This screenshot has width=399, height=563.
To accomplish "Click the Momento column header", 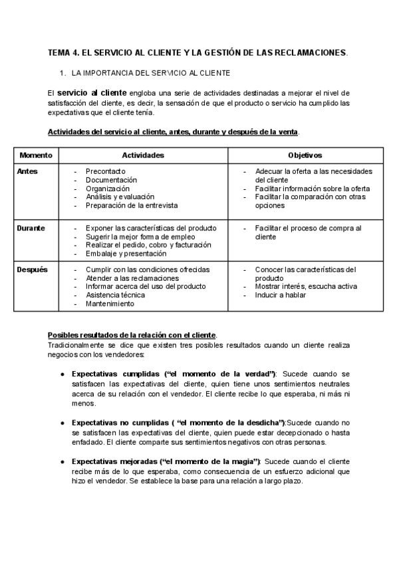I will [35, 155].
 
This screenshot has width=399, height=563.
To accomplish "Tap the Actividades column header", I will [143, 155].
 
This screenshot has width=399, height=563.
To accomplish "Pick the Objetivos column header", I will [305, 155].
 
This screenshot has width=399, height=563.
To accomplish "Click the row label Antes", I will [27, 171].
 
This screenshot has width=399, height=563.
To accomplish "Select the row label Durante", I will [31, 228].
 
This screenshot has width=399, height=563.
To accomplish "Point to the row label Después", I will [31, 270].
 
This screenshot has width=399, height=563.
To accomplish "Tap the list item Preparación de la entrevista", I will [132, 206].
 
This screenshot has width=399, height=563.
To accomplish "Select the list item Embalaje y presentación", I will [126, 254].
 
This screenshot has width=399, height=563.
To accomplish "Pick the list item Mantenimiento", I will [110, 304].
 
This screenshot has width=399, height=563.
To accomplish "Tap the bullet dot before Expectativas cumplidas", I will [62, 374].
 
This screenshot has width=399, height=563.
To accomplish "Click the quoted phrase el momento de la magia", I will [212, 461].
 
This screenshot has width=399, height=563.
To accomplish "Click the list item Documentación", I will [111, 180].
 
